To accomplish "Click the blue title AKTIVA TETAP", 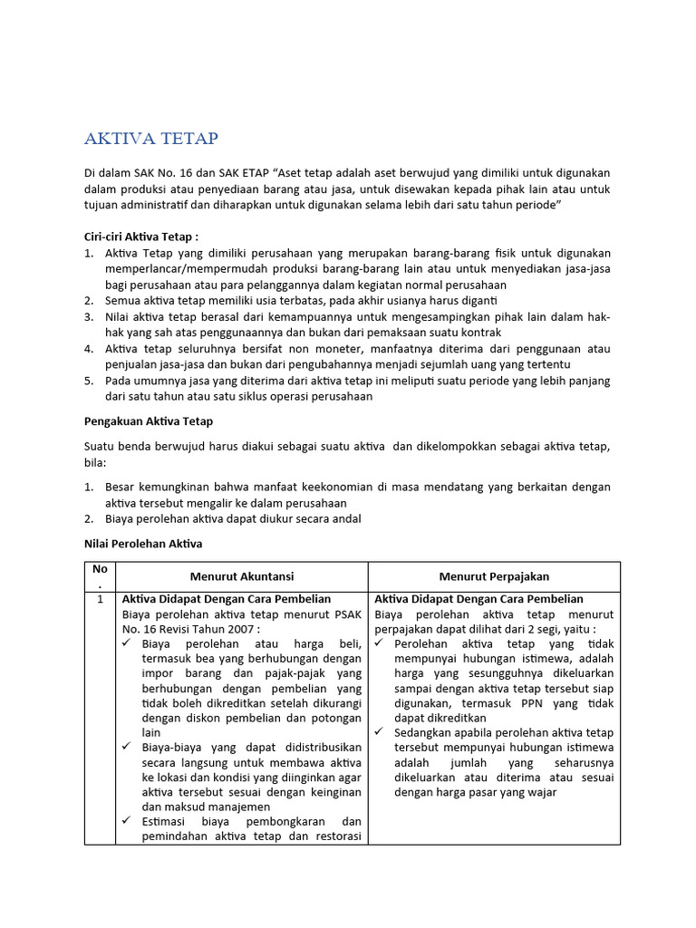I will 151,139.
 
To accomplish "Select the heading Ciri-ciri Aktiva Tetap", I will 140,236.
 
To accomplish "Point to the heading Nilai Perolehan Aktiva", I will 143,544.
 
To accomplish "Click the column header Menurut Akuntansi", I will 242,576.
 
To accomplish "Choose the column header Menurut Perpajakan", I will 494,576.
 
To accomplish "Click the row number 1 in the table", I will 100,600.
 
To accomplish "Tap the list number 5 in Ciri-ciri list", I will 89,381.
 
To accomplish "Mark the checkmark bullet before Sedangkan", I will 381,732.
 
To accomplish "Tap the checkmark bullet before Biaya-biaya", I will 129,748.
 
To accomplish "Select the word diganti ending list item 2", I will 476,300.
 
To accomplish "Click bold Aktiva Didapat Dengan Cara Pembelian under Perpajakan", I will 479,600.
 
